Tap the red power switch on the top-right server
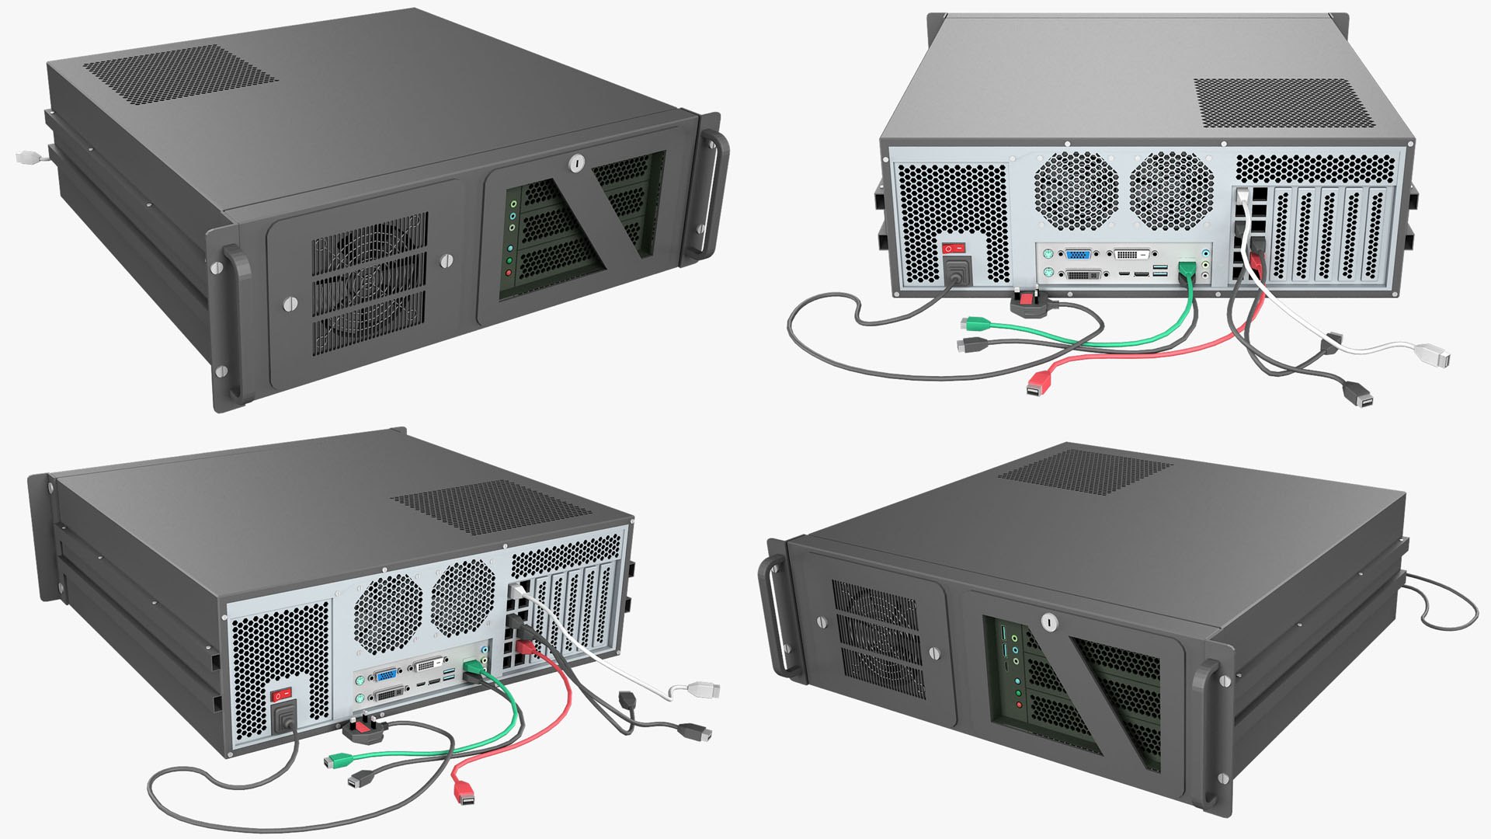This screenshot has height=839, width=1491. point(954,249)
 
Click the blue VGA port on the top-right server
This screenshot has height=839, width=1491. point(1078,254)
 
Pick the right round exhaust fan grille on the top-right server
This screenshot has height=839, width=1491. point(1171,190)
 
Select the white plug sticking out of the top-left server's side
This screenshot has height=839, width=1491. point(28,157)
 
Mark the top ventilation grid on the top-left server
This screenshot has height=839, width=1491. point(180,64)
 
